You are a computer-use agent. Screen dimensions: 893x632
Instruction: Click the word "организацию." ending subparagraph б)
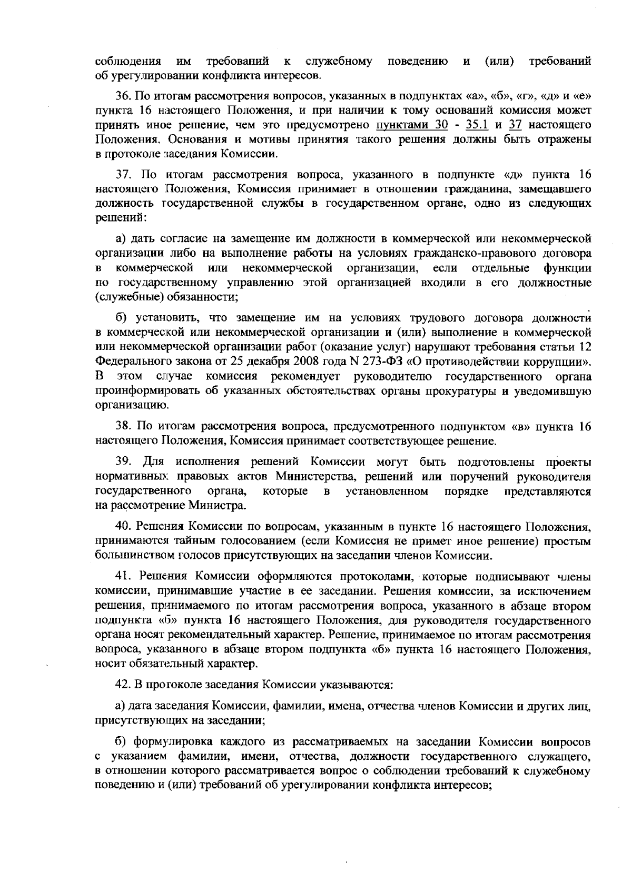tap(124, 405)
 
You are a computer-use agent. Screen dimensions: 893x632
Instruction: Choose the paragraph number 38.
tap(122, 426)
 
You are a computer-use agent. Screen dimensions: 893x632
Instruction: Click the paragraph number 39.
tap(123, 463)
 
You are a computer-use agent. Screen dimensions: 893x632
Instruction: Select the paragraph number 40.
tap(122, 527)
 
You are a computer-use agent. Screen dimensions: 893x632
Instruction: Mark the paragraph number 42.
tap(122, 685)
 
